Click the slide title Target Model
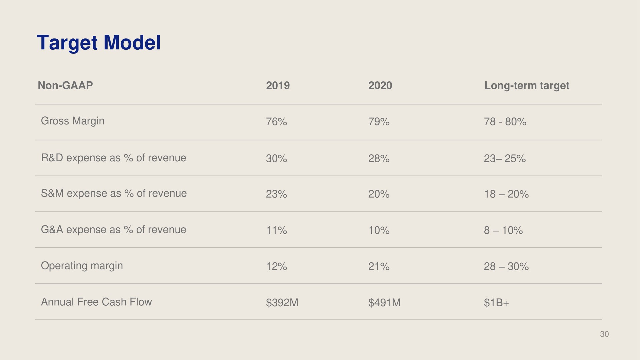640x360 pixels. (99, 43)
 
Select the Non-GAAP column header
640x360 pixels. (65, 85)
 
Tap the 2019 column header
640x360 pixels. (278, 85)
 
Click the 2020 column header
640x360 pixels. (380, 85)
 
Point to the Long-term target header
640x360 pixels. (527, 86)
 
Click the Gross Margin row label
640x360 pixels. (72, 121)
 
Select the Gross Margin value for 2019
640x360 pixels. (276, 122)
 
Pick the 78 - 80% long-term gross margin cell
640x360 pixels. (505, 122)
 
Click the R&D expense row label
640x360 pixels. (113, 158)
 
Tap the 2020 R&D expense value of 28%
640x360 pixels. (379, 159)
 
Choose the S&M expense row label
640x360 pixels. (114, 193)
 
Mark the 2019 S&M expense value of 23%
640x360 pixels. (276, 194)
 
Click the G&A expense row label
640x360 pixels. (113, 229)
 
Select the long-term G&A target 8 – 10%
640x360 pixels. (503, 230)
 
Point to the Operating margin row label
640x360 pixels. (82, 266)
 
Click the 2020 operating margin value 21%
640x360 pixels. (379, 266)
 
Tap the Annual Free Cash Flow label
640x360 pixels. (96, 302)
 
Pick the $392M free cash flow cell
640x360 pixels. (282, 303)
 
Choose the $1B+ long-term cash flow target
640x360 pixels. (496, 303)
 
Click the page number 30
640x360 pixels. (604, 334)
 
